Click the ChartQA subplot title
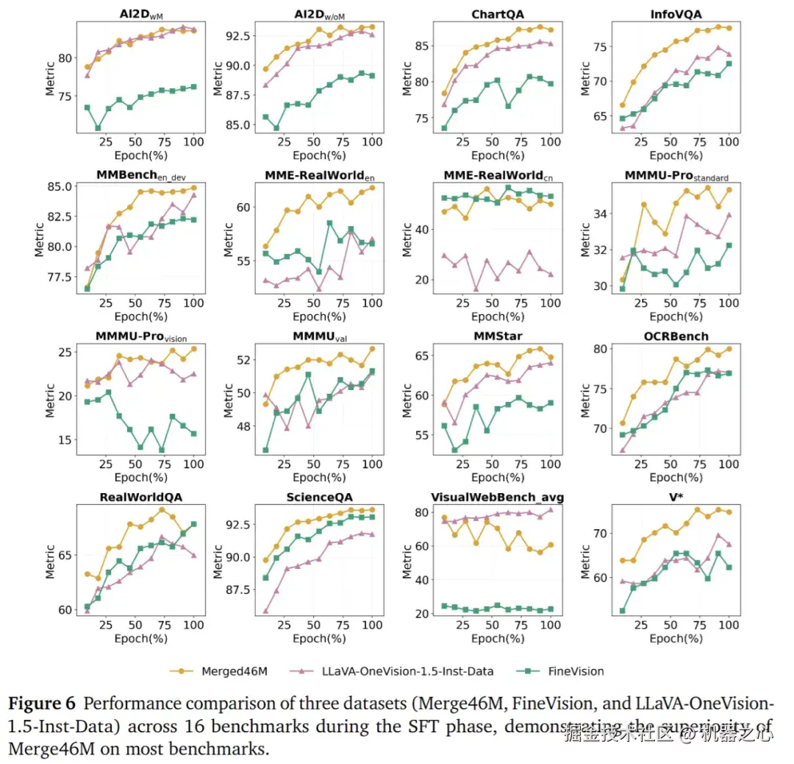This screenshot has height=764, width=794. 504,13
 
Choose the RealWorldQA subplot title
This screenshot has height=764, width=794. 141,497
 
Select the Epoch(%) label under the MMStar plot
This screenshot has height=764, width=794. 504,477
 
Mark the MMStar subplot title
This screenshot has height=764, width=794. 504,336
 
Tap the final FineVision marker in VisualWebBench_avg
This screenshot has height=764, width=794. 550,609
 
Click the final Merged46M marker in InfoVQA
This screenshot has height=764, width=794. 729,28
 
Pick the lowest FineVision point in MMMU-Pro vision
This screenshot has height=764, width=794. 161,450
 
